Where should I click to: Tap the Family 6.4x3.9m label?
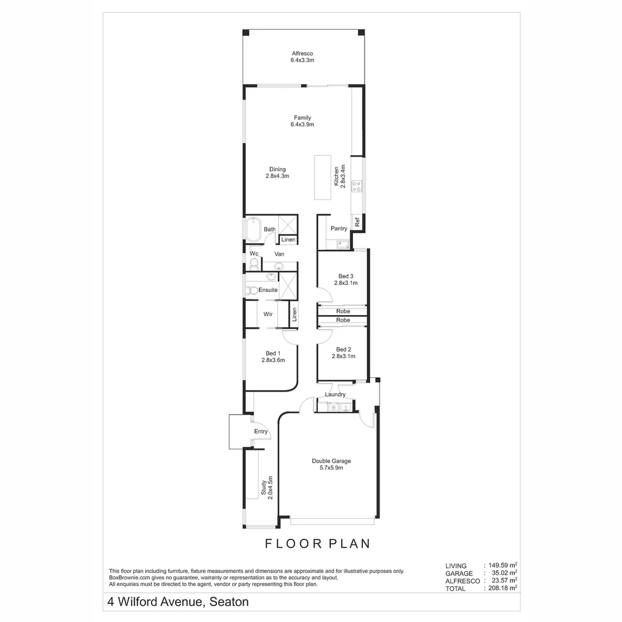(x=302, y=121)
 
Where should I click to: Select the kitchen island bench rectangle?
(x=323, y=177)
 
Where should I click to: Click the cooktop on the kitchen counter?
(x=357, y=186)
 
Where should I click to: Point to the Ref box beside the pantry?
(x=357, y=221)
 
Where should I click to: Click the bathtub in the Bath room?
(x=253, y=230)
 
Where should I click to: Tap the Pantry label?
(x=339, y=229)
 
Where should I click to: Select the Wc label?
(x=253, y=253)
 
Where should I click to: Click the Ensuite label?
(x=268, y=290)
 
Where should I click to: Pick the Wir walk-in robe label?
(x=268, y=314)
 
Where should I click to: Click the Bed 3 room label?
(x=346, y=279)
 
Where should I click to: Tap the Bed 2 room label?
(x=343, y=352)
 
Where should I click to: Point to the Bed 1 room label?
(x=273, y=356)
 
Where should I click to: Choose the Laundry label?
(x=335, y=395)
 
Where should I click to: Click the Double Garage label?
(x=331, y=464)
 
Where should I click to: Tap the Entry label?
(x=261, y=431)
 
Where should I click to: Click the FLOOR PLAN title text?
(x=317, y=543)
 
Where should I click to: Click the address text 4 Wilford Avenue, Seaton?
(x=178, y=602)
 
